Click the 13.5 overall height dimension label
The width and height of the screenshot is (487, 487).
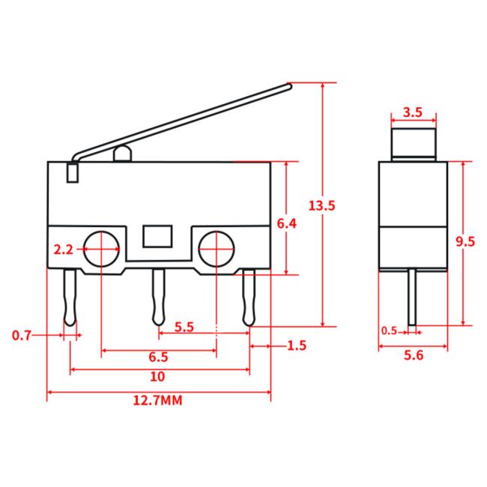(321, 205)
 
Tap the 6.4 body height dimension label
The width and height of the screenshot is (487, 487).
(287, 223)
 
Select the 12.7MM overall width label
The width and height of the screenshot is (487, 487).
(158, 400)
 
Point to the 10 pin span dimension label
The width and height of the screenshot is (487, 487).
(157, 376)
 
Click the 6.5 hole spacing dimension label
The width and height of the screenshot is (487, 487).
(158, 357)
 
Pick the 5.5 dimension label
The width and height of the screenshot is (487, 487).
(184, 327)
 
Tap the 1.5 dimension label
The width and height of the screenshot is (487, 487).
(297, 345)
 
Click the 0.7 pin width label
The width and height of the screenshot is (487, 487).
(22, 335)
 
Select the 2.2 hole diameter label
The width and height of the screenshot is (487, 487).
(63, 249)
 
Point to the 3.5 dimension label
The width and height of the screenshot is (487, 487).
(413, 112)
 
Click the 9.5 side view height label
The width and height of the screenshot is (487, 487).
(465, 241)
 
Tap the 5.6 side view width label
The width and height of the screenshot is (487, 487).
(414, 355)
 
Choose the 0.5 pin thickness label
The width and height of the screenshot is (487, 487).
(389, 330)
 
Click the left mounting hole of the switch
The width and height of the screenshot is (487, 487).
(102, 249)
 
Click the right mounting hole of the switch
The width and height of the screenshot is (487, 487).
(217, 249)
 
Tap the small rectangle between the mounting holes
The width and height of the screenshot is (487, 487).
(157, 236)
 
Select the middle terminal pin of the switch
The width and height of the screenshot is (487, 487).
(158, 297)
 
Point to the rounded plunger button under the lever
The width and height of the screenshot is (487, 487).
(122, 154)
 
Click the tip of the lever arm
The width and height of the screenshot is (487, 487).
(289, 86)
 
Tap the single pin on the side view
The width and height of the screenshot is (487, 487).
(412, 297)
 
